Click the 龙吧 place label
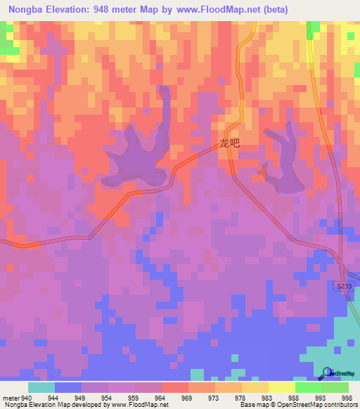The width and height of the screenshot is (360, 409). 229,143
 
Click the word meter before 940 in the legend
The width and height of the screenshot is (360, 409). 11,397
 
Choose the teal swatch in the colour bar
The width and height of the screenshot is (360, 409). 41,387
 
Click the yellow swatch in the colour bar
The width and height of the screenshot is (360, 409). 282,387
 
